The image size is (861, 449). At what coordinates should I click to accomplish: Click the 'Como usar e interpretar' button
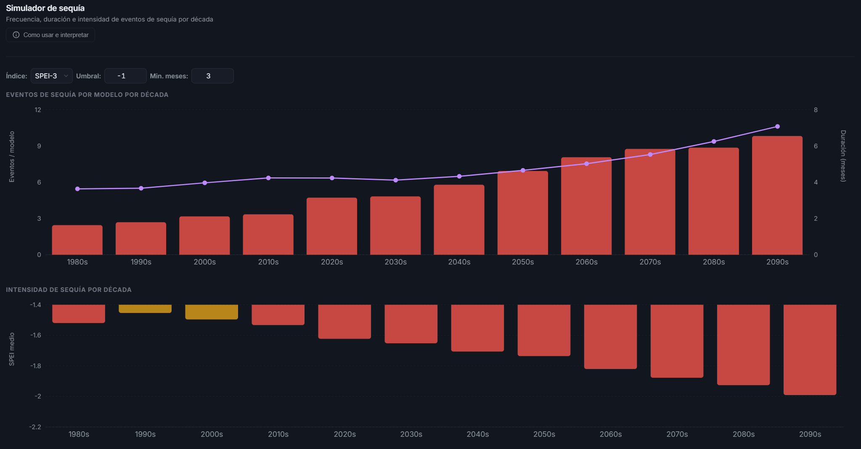[x=50, y=35]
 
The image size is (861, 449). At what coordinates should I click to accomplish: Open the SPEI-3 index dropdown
[x=51, y=76]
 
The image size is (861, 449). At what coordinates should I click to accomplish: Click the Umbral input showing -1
[x=125, y=76]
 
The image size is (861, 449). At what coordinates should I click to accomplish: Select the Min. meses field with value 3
[x=212, y=76]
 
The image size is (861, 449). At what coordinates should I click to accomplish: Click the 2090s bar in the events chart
[x=777, y=195]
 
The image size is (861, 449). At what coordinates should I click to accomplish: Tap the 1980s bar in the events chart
[x=77, y=240]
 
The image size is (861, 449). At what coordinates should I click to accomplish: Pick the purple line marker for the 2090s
[x=777, y=126]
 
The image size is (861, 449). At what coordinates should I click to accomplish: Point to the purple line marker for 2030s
[x=396, y=180]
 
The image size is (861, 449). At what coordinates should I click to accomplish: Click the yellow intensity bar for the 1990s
[x=145, y=309]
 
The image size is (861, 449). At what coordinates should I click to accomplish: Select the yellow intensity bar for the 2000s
[x=212, y=312]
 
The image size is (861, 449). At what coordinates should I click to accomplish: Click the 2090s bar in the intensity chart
[x=810, y=350]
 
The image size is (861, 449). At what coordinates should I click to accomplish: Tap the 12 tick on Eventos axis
[x=38, y=110]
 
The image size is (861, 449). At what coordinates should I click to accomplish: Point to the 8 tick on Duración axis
[x=816, y=110]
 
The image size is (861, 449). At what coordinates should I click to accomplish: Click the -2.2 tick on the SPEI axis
[x=35, y=427]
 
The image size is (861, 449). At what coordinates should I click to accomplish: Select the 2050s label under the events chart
[x=523, y=262]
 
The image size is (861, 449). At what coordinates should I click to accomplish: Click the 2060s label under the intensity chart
[x=611, y=434]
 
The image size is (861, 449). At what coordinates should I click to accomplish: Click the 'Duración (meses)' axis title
[x=843, y=156]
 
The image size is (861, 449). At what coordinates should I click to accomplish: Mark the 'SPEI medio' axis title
[x=12, y=349]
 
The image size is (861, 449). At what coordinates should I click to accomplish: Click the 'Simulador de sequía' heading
[x=45, y=8]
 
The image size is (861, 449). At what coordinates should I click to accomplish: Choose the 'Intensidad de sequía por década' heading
[x=69, y=290]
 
